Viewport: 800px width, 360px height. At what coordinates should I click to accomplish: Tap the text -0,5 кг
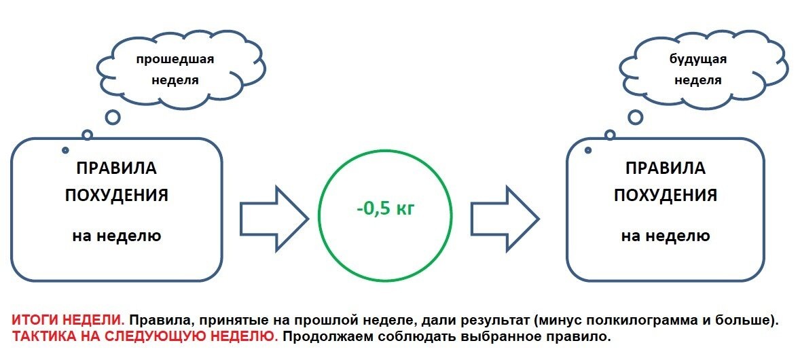click(x=385, y=209)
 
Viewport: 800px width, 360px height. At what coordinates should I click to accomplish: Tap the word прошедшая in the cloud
click(x=175, y=59)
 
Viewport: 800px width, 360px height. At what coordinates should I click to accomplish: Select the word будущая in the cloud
click(x=697, y=59)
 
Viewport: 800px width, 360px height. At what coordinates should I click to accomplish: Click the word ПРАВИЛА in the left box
click(x=116, y=168)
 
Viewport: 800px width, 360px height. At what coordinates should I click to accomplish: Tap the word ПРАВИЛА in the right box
click(x=666, y=168)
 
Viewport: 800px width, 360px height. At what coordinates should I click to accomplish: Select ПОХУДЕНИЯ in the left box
click(x=116, y=196)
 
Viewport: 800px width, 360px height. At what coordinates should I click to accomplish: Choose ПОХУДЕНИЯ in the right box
click(x=666, y=196)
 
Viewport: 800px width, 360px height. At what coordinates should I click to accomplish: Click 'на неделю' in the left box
click(x=116, y=236)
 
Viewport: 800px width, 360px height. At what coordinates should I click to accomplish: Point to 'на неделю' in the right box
click(x=666, y=236)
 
